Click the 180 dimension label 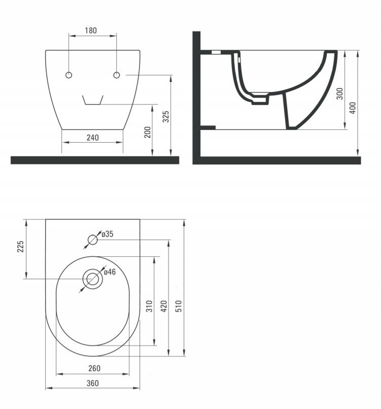[x=91, y=30]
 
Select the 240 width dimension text [x=92, y=138]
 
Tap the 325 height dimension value [x=166, y=117]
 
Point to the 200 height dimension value [x=148, y=132]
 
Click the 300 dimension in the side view [x=339, y=94]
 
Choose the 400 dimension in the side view [x=353, y=108]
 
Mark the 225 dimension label [x=20, y=247]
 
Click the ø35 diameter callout [x=108, y=234]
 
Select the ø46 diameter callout [x=110, y=272]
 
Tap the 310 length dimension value [x=149, y=306]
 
